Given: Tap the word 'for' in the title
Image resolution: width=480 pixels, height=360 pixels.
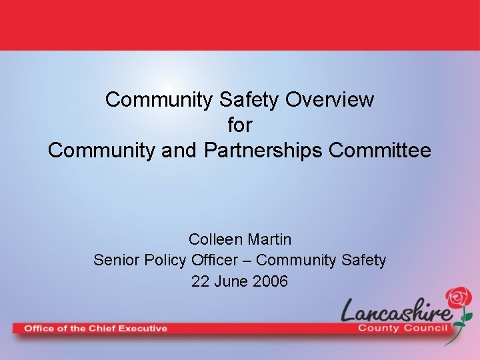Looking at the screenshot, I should (x=240, y=125).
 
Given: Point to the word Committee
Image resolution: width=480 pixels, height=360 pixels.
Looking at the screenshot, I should (x=380, y=150).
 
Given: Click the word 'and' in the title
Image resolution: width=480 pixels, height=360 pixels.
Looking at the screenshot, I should (x=179, y=150).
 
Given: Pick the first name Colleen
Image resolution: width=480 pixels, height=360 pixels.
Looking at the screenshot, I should (x=212, y=239).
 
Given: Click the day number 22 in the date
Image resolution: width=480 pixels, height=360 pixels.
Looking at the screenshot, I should (x=199, y=281).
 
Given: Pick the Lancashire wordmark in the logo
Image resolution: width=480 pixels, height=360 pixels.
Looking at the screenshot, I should (x=397, y=311).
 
